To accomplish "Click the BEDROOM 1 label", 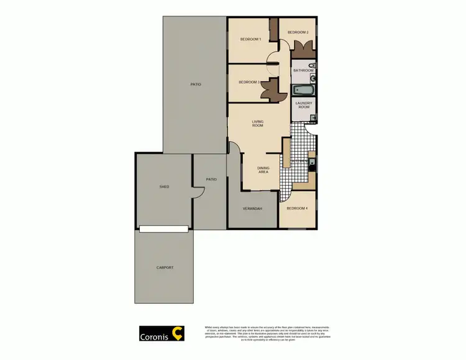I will click(x=250, y=40).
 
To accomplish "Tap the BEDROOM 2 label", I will click(x=298, y=32).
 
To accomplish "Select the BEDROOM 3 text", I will click(x=249, y=82).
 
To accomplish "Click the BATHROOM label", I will click(x=303, y=71).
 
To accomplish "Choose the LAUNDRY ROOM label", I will click(x=303, y=105).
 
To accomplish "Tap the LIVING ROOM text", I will click(x=258, y=123).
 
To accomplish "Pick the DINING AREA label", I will click(x=263, y=170).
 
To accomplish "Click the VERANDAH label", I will click(x=252, y=208).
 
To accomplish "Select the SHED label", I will click(x=164, y=187).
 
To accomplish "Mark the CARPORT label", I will click(x=165, y=267).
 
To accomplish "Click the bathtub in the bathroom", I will click(x=304, y=91).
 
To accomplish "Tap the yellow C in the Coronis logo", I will click(x=178, y=334).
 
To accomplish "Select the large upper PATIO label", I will click(x=196, y=84).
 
